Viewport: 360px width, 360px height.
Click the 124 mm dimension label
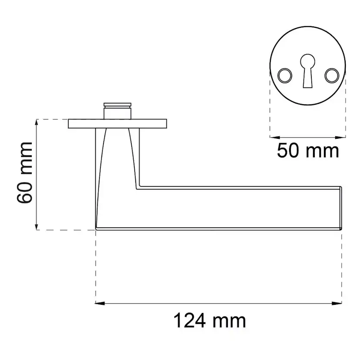click(x=210, y=321)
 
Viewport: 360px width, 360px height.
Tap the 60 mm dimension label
click(x=25, y=173)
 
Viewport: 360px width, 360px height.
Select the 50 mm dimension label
click(x=308, y=150)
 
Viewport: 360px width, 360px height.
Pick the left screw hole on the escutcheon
click(x=285, y=76)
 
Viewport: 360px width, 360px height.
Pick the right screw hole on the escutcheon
click(x=332, y=76)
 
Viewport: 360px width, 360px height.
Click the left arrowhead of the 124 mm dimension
click(x=100, y=303)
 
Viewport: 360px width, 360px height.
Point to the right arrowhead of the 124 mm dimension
click(x=337, y=303)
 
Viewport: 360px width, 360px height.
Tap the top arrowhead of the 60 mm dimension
click(x=36, y=124)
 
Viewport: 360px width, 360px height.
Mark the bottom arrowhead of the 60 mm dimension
click(x=36, y=225)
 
